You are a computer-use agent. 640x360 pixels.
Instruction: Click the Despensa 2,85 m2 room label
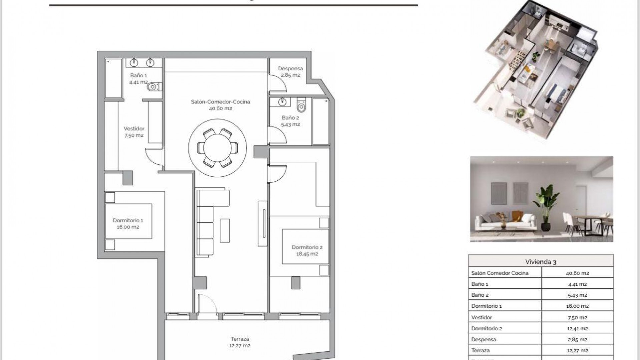point(290,72)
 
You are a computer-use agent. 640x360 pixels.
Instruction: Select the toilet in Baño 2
point(301,105)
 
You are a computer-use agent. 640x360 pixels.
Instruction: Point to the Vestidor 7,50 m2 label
point(134,132)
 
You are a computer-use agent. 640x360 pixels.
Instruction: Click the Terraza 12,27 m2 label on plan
point(240,342)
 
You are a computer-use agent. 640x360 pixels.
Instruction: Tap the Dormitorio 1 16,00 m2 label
point(128,223)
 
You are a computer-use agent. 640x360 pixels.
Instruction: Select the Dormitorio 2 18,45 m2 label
point(307,250)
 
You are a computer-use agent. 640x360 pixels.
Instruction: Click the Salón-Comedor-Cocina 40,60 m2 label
point(220,105)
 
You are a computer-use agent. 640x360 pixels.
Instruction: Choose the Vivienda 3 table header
point(540,262)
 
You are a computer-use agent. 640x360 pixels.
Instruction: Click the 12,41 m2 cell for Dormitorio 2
point(577,328)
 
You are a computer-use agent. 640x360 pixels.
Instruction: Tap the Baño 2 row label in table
point(480,295)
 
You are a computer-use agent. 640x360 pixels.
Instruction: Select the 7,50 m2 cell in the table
point(577,317)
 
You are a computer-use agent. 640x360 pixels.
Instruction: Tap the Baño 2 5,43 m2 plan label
point(290,121)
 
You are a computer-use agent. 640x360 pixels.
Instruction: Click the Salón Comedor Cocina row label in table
point(500,273)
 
